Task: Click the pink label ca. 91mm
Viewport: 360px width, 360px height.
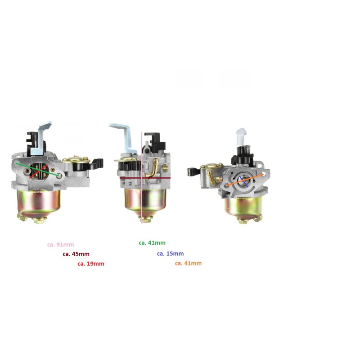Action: [x=61, y=244]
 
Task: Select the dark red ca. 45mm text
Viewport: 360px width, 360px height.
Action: [x=76, y=254]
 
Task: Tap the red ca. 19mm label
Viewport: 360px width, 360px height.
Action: [x=91, y=264]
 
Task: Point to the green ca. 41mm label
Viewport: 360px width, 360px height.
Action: [x=152, y=243]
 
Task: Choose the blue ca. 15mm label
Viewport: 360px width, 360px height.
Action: [x=171, y=254]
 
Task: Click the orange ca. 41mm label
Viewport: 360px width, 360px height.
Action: [x=188, y=263]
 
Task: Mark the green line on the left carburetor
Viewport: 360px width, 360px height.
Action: [x=37, y=170]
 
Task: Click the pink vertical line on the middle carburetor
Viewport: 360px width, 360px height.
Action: [x=142, y=178]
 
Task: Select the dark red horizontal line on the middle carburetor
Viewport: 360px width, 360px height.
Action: [x=145, y=178]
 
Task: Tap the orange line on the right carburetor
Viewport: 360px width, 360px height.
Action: [x=245, y=180]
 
